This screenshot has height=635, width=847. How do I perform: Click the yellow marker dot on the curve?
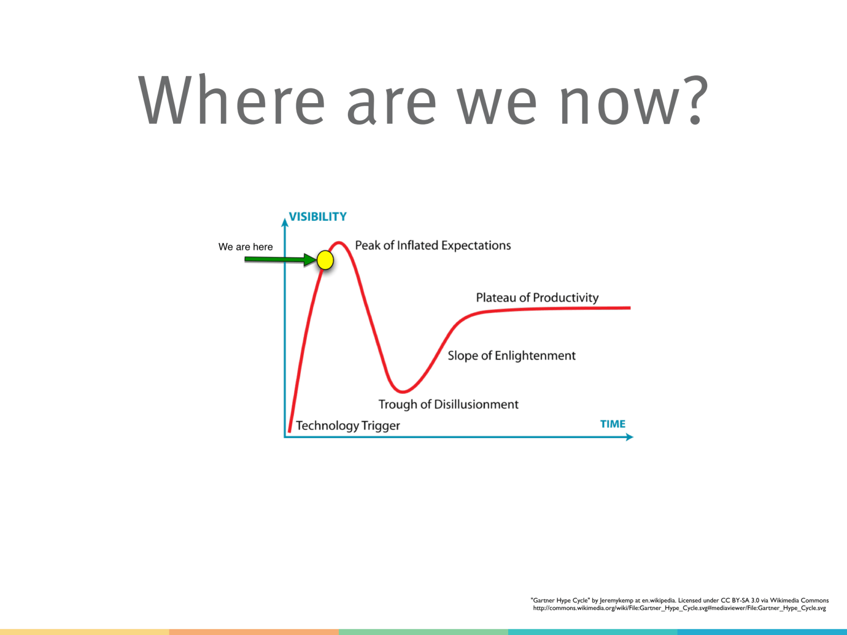click(325, 260)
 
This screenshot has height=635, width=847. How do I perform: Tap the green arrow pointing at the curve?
click(281, 259)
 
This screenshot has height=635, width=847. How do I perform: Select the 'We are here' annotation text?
click(246, 247)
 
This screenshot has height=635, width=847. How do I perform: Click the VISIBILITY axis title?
click(318, 216)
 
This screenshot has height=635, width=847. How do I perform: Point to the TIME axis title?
click(613, 424)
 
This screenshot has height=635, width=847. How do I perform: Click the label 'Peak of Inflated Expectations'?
click(433, 246)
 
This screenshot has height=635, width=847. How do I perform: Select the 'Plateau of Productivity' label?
click(537, 297)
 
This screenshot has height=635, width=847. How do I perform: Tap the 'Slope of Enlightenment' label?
click(512, 356)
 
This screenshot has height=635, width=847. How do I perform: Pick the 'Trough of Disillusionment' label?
click(448, 404)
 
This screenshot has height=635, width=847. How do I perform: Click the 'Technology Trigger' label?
click(348, 425)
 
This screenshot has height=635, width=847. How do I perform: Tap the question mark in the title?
click(695, 100)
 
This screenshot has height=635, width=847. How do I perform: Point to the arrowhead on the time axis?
click(629, 437)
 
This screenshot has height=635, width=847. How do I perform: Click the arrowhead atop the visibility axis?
click(285, 223)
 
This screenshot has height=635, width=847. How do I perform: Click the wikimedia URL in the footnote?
click(679, 608)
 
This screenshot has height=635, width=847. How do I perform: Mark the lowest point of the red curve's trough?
click(403, 392)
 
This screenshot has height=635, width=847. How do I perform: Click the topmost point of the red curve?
click(338, 242)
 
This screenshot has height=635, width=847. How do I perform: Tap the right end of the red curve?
click(630, 307)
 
